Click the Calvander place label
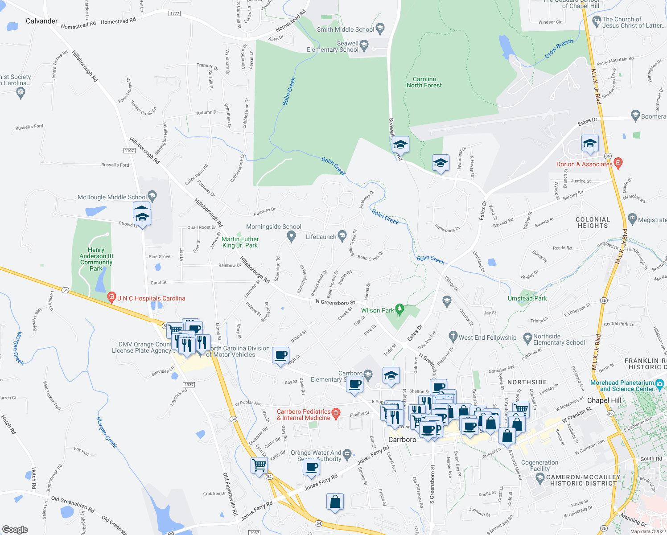[41, 21]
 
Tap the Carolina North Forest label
[424, 82]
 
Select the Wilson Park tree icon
[400, 309]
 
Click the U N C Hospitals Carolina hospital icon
[111, 297]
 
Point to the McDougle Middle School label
[112, 197]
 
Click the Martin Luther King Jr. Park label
[240, 242]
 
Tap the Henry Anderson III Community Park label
[96, 259]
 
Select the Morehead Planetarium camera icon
[660, 383]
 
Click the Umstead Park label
[527, 298]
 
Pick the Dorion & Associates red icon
[618, 162]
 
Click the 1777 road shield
[175, 13]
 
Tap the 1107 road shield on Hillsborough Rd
[129, 150]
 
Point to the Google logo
[15, 529]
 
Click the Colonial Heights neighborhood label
[593, 222]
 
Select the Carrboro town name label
[402, 440]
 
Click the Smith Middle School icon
[380, 29]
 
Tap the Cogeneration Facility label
[539, 465]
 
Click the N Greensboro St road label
[335, 302]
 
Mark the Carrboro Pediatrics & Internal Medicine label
[304, 415]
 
